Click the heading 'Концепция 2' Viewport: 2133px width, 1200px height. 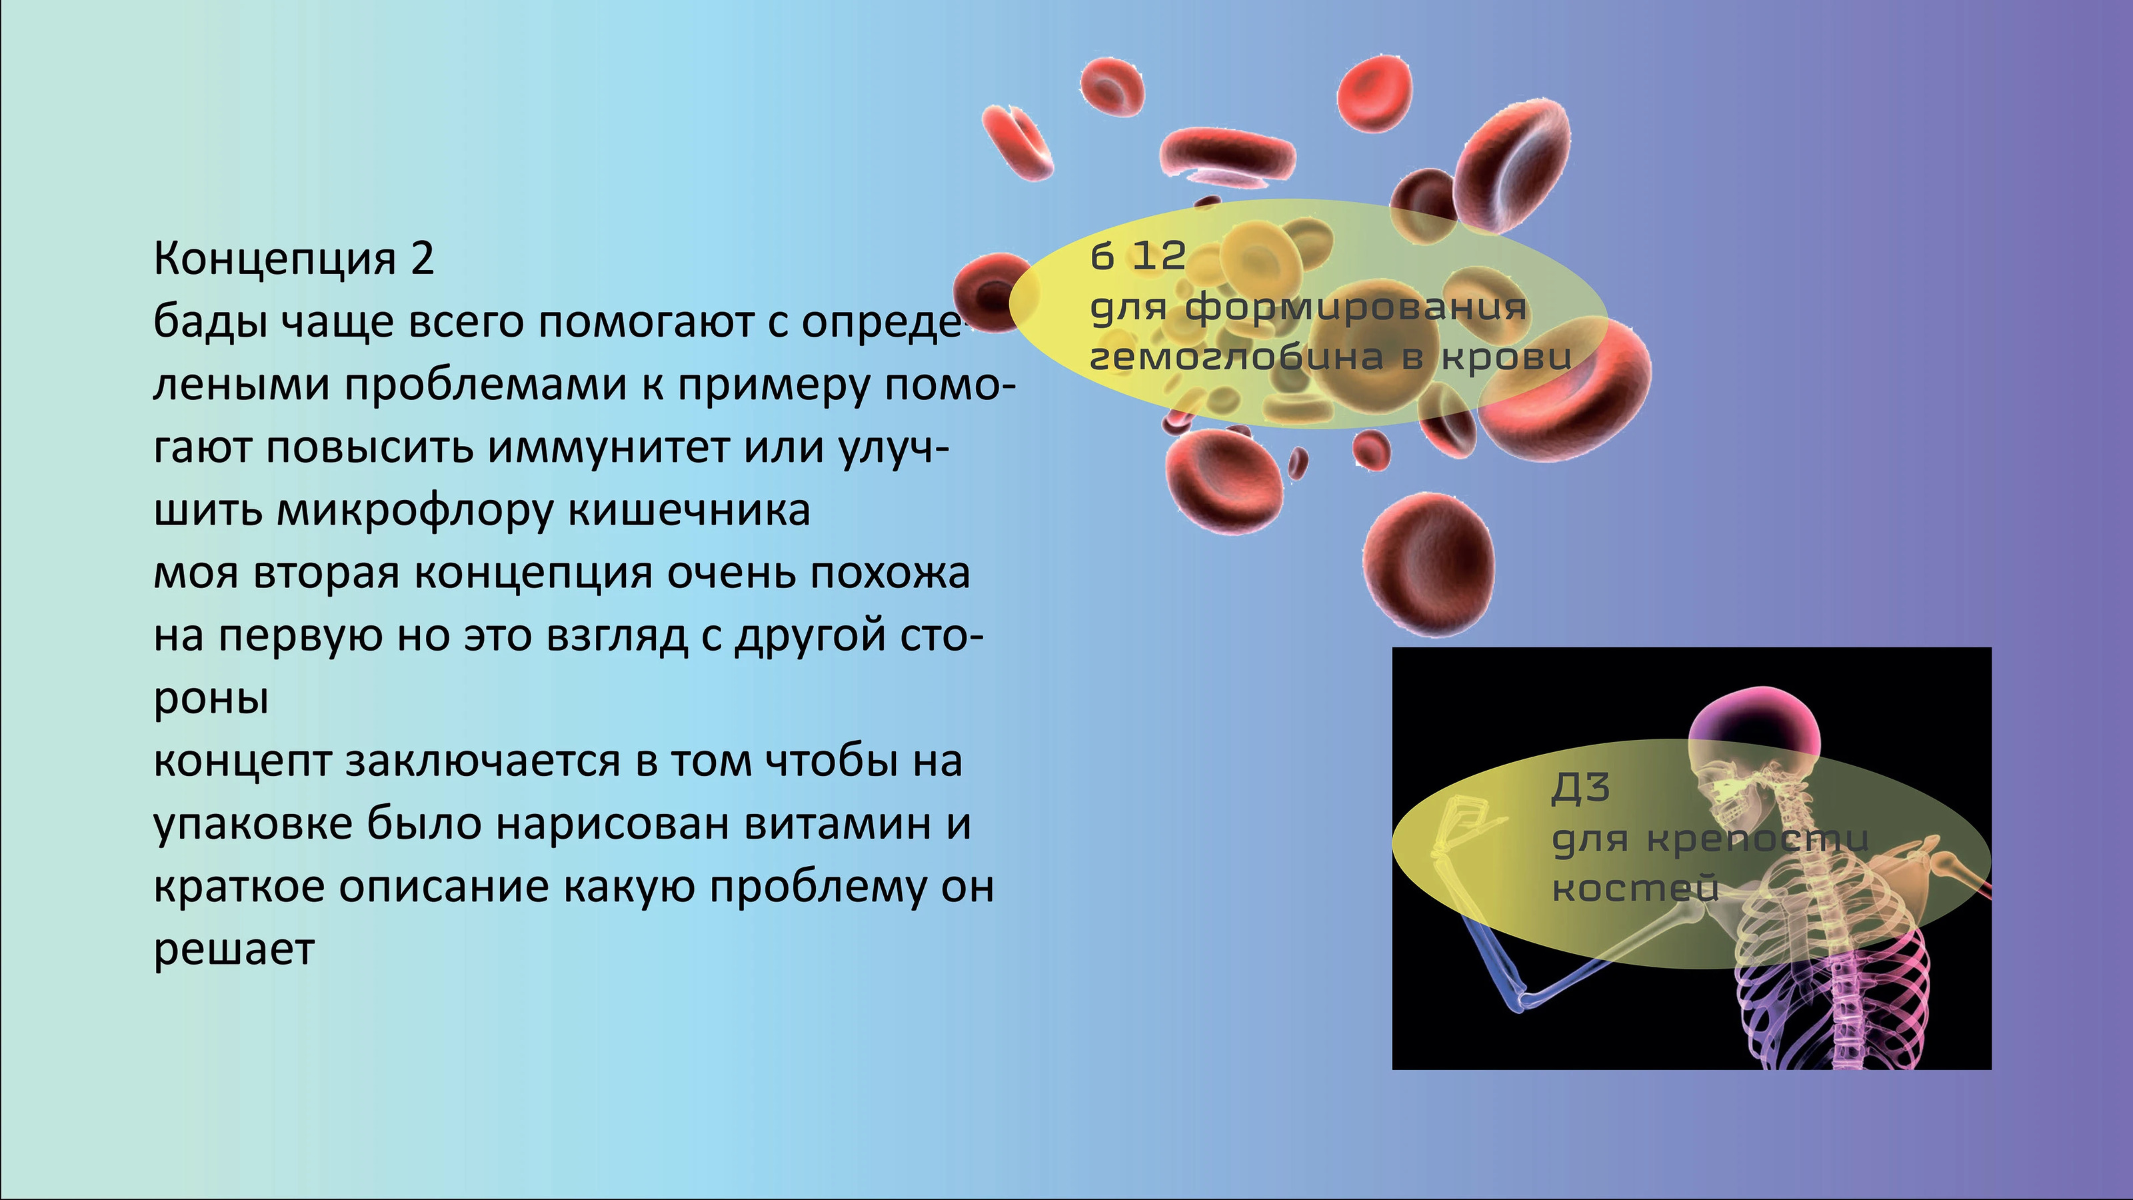(x=294, y=259)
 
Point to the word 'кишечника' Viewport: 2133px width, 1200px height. (x=689, y=511)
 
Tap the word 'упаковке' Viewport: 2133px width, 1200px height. (x=253, y=825)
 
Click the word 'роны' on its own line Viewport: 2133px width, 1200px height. (x=211, y=701)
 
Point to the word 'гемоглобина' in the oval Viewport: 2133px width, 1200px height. (x=1234, y=357)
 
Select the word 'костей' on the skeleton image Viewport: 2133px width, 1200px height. (x=1634, y=889)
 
